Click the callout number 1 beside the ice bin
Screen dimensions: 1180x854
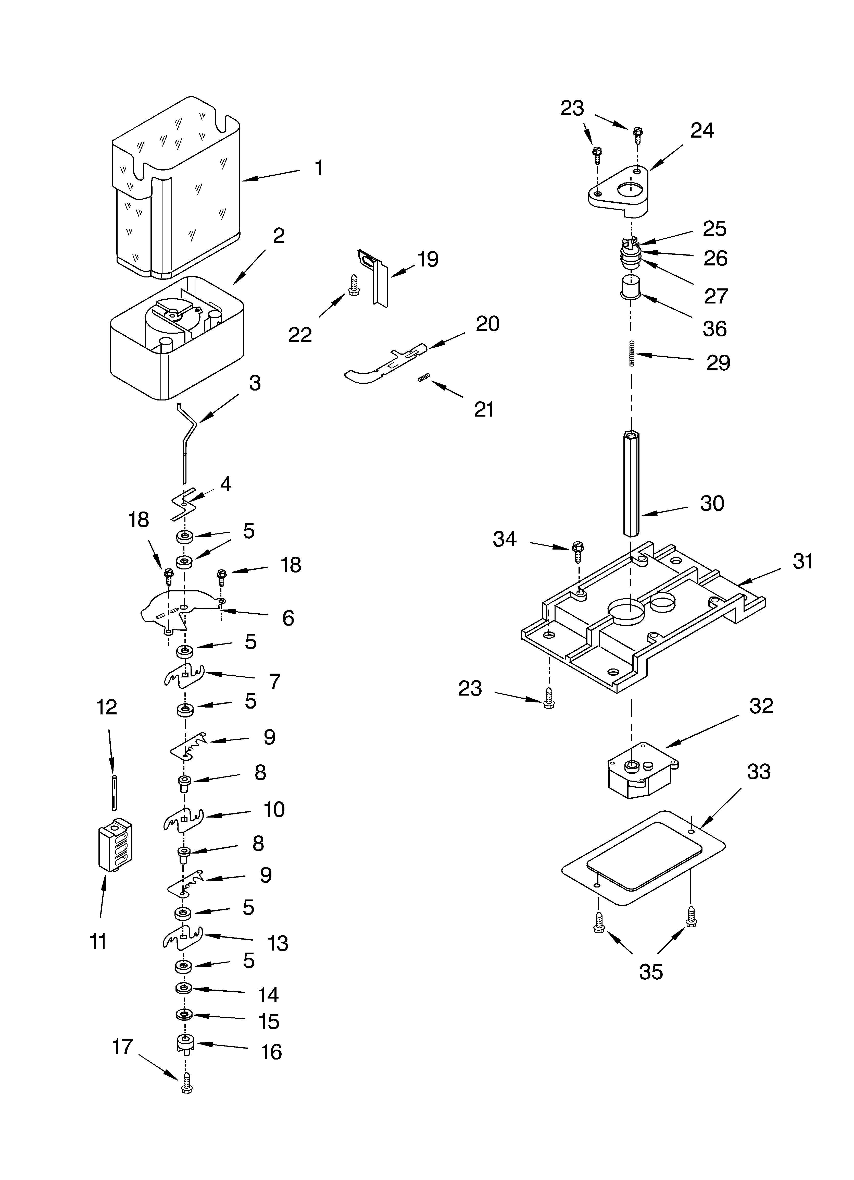[319, 168]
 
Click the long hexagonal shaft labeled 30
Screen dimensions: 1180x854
[631, 484]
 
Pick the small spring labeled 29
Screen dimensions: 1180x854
[632, 353]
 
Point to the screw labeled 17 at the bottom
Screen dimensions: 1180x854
[187, 1086]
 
